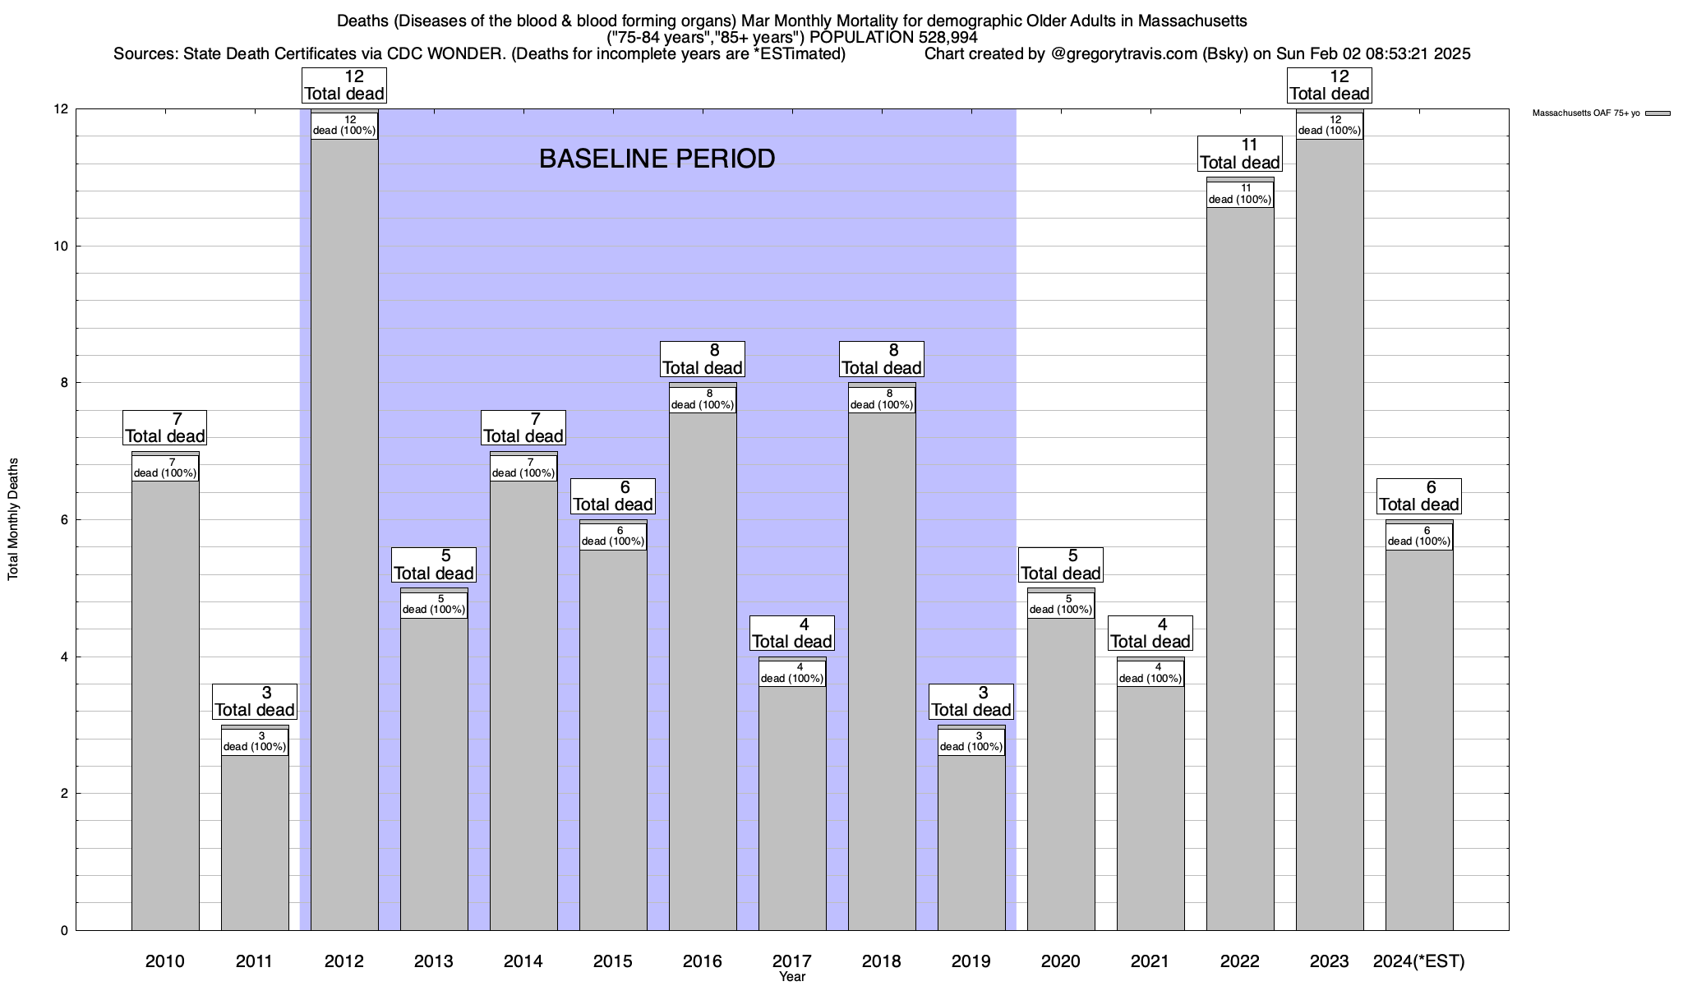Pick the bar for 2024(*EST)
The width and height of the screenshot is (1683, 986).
pyautogui.click(x=1419, y=739)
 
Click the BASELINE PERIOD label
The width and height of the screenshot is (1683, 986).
pyautogui.click(x=657, y=159)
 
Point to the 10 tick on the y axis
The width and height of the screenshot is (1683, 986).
pyautogui.click(x=62, y=246)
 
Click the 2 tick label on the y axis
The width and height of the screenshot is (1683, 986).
pyautogui.click(x=64, y=794)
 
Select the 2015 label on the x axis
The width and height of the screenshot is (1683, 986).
pyautogui.click(x=613, y=961)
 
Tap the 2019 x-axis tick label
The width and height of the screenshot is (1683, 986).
pyautogui.click(x=971, y=961)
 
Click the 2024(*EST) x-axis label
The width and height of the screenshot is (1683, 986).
pyautogui.click(x=1419, y=961)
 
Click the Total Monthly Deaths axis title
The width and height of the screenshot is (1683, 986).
pyautogui.click(x=13, y=519)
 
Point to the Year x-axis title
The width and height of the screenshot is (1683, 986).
pyautogui.click(x=792, y=977)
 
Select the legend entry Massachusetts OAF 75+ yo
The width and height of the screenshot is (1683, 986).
pyautogui.click(x=1586, y=113)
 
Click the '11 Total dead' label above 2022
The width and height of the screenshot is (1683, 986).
pyautogui.click(x=1240, y=154)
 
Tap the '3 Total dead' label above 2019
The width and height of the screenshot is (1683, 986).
pyautogui.click(x=971, y=702)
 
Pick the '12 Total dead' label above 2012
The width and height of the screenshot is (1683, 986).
pyautogui.click(x=344, y=85)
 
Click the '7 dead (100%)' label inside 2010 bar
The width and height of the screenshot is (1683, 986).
pyautogui.click(x=165, y=468)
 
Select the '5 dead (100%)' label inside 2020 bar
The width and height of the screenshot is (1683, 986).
pyautogui.click(x=1061, y=605)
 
